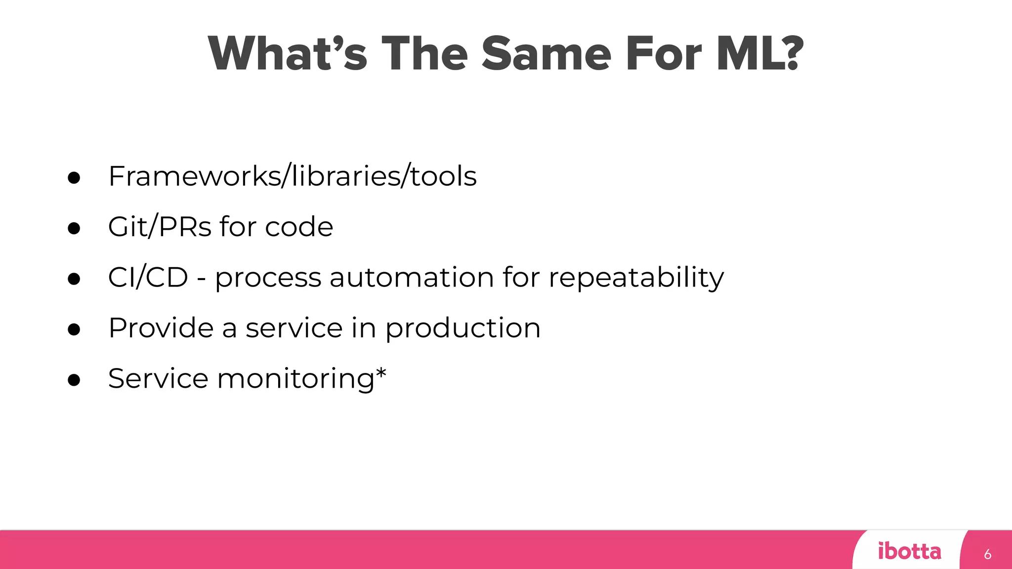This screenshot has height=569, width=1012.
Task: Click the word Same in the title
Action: coord(547,54)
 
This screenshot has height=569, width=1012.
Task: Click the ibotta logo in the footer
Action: coord(909,551)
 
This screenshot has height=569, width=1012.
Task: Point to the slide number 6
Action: coord(987,554)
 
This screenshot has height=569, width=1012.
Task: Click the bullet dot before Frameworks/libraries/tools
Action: coord(74,178)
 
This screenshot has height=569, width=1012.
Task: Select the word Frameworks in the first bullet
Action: coord(194,176)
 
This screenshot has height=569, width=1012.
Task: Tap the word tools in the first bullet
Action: coord(443,176)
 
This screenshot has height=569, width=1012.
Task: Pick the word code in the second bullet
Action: coord(299,227)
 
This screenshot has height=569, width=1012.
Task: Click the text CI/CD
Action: coord(148,278)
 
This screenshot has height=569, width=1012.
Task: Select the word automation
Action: coord(411,278)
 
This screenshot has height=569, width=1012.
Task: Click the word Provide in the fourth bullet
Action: coord(161,328)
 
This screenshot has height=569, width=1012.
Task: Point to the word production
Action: coord(463,329)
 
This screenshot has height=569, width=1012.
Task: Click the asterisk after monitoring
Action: coord(381,373)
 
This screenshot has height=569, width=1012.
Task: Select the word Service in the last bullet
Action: coord(158,379)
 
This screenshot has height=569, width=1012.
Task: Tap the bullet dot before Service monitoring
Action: coord(74,380)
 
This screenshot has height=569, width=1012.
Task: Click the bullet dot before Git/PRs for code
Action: coord(74,228)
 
